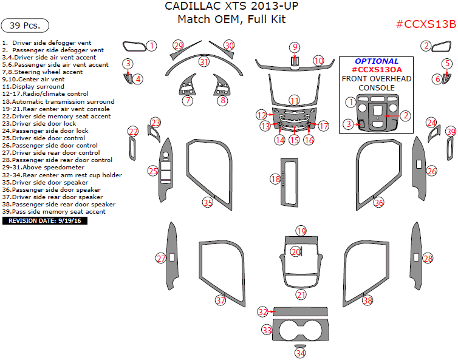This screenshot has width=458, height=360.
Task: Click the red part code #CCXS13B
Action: (425, 24)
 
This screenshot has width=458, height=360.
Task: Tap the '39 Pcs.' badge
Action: (25, 25)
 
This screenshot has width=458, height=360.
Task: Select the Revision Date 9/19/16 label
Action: (46, 221)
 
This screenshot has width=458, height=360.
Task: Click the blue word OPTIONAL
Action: (377, 61)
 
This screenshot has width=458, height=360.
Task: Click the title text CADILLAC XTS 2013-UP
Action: (231, 7)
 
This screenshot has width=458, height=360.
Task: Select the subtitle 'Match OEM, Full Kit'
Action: (231, 19)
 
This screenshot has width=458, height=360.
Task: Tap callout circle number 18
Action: (275, 179)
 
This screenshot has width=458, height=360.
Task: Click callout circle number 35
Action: (208, 202)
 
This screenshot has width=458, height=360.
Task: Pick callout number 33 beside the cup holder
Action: (267, 330)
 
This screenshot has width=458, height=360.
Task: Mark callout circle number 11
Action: (294, 100)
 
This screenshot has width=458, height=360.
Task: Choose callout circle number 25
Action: (153, 171)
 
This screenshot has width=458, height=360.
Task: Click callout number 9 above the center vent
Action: (294, 47)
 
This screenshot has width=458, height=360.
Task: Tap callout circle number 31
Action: (203, 62)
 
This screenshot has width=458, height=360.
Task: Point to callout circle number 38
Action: (367, 300)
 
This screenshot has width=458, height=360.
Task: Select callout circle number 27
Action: (161, 259)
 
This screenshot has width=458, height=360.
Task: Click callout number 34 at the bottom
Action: (300, 353)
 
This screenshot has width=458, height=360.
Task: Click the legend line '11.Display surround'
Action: (33, 87)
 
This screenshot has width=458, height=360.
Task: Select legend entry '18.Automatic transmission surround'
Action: (58, 101)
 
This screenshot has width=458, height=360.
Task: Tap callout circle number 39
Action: (450, 131)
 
